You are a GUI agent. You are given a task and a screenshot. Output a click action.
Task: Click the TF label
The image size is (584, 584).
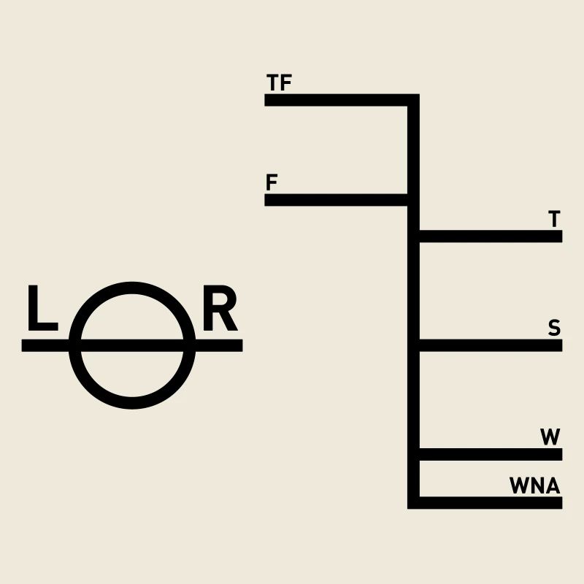[280, 83]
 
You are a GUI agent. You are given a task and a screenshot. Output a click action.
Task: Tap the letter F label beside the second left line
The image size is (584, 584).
[272, 182]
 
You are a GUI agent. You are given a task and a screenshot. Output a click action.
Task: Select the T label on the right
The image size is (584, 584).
[554, 219]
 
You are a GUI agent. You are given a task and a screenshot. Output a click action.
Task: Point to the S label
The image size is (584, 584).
[554, 328]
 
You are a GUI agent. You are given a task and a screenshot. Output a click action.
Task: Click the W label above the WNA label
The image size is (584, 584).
[550, 437]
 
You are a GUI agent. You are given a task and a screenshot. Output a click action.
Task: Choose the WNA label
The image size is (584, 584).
[535, 485]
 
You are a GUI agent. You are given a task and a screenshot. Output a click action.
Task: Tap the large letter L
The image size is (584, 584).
[42, 309]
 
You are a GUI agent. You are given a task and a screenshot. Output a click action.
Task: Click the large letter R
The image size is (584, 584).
[220, 310]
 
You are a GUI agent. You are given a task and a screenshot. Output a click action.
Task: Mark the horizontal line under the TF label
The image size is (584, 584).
[336, 100]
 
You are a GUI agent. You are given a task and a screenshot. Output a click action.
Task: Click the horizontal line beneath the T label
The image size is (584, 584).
[489, 236]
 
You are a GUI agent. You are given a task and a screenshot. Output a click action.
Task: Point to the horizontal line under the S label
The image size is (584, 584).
[489, 345]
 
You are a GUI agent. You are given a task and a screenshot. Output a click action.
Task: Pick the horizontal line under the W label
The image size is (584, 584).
[489, 454]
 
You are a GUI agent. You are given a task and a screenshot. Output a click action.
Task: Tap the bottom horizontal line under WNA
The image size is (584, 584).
[489, 502]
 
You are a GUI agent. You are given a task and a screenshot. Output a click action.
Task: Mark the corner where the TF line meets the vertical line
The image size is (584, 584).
[413, 100]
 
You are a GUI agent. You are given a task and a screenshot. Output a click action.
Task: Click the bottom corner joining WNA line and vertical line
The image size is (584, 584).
[413, 502]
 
